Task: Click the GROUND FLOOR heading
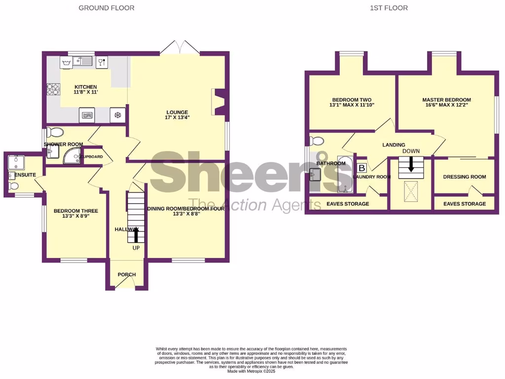(106, 8)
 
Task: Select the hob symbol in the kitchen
(53, 89)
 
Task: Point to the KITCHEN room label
(85, 87)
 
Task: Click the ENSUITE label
(25, 175)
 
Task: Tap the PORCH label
(126, 274)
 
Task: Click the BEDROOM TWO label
(352, 99)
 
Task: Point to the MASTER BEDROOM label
(446, 100)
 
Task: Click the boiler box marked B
(361, 168)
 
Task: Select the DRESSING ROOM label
(464, 177)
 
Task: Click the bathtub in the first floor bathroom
(345, 175)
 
